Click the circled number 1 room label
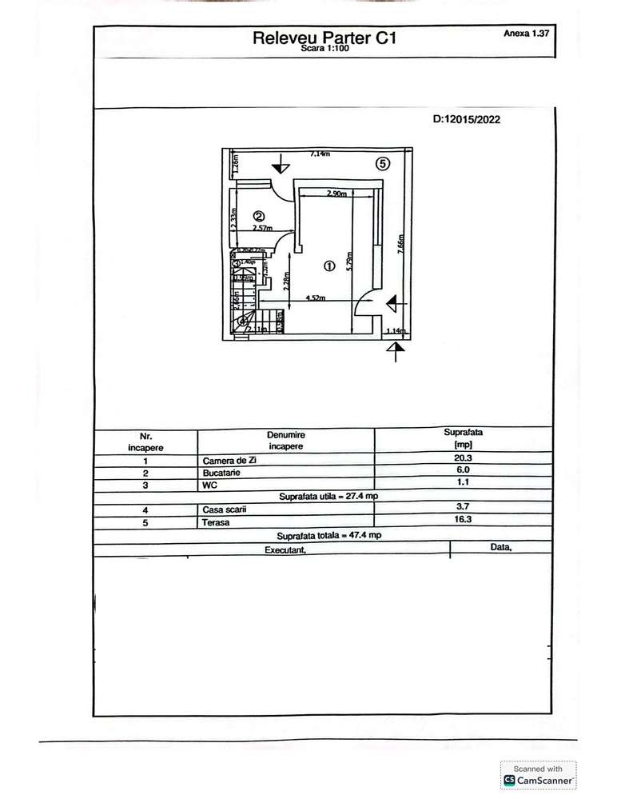pos(327,266)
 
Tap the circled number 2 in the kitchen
pos(258,214)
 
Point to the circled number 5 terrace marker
pos(383,164)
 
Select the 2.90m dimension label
pos(336,194)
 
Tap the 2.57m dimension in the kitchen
pos(262,228)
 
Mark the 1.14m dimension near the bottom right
pos(396,331)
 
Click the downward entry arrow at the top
pos(281,165)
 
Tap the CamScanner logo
pos(538,777)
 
